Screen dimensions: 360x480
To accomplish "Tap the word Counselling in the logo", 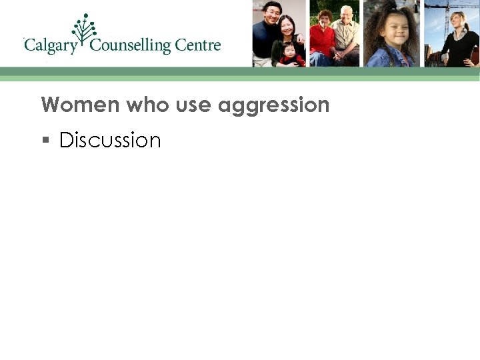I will [x=130, y=46].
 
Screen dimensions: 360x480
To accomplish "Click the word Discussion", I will [x=110, y=140].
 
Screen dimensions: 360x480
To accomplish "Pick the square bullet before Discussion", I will [x=45, y=141].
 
